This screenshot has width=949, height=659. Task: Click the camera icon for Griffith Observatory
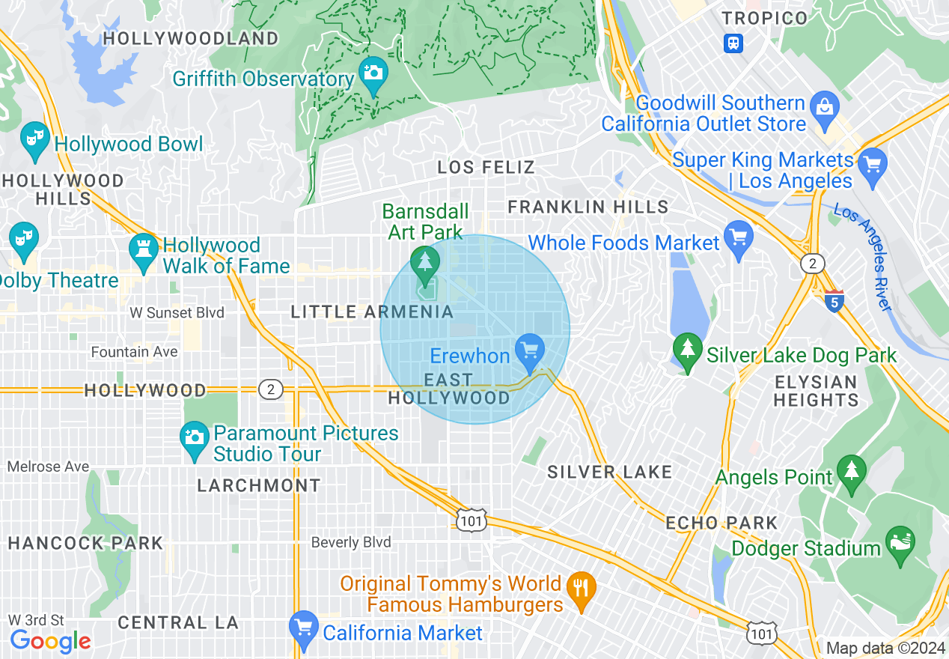point(373,73)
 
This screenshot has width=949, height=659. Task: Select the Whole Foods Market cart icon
point(739,237)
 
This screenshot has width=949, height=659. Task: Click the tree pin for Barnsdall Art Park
point(425,262)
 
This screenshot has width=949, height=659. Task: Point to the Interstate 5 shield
point(834,301)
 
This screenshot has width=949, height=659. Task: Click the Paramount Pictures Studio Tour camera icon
point(195,437)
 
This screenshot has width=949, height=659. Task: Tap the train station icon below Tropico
point(733,43)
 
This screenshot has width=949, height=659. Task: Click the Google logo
point(50,641)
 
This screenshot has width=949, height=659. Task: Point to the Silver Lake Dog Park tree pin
point(686,350)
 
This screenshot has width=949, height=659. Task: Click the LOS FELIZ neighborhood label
point(486,167)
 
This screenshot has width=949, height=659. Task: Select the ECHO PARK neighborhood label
point(721,523)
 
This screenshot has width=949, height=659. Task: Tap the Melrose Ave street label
point(48,467)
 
